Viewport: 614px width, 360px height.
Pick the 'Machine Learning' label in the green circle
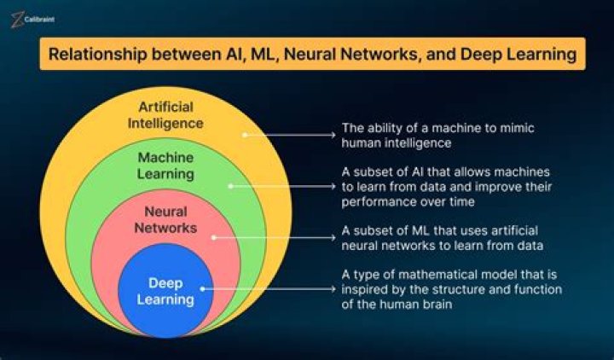166,165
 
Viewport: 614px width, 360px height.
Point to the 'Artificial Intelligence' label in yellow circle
171,114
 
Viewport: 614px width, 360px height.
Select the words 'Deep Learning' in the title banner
518,55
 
